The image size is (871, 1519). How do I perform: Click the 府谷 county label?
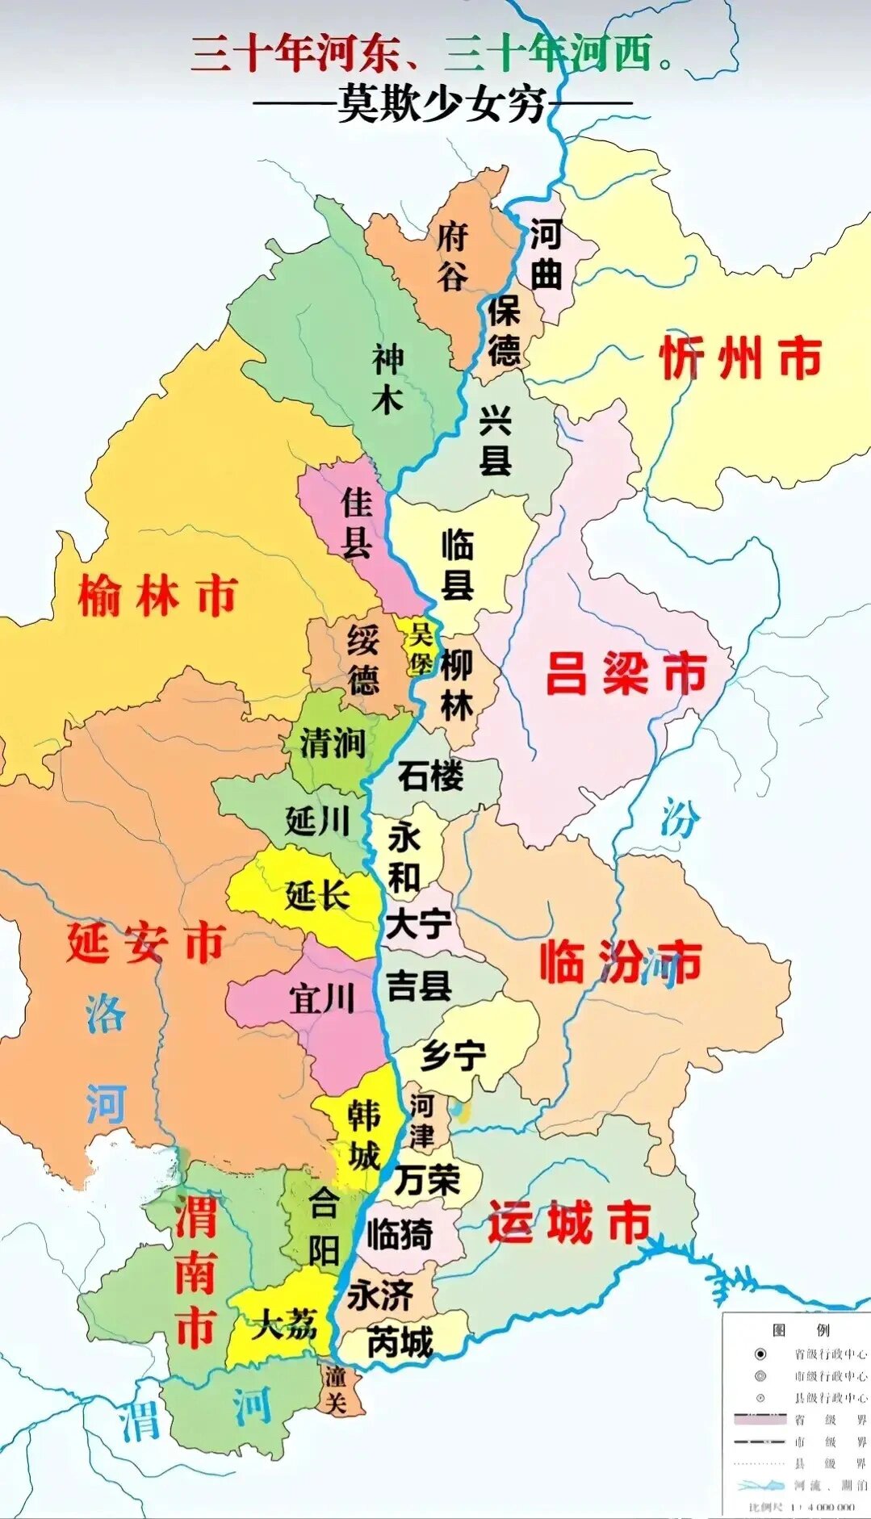pyautogui.click(x=452, y=257)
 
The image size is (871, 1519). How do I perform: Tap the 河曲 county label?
pyautogui.click(x=546, y=254)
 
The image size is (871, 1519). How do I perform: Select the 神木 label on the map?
pyautogui.click(x=387, y=379)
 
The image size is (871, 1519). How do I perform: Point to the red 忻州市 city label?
pyautogui.click(x=741, y=358)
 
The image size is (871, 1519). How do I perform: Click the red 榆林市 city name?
pyautogui.click(x=157, y=596)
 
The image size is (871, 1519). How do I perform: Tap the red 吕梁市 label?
pyautogui.click(x=626, y=673)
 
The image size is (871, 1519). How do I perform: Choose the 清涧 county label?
pyautogui.click(x=333, y=743)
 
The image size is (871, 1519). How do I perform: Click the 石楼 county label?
pyautogui.click(x=431, y=776)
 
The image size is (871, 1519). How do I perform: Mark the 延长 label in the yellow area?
pyautogui.click(x=317, y=895)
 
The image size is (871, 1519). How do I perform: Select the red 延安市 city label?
pyautogui.click(x=145, y=943)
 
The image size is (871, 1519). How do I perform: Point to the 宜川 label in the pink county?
pyautogui.click(x=323, y=999)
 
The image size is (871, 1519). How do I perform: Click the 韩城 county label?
pyautogui.click(x=364, y=1136)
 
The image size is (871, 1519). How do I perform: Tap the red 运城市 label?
pyautogui.click(x=570, y=1222)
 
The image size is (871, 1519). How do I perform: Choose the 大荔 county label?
pyautogui.click(x=283, y=1324)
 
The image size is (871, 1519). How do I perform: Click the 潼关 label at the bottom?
pyautogui.click(x=336, y=1389)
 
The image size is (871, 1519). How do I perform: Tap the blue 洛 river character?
pyautogui.click(x=106, y=1015)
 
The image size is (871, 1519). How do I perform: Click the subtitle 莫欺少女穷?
pyautogui.click(x=442, y=104)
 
